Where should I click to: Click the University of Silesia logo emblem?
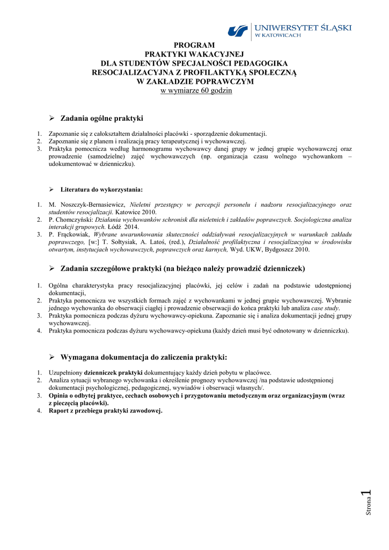(x=238, y=31)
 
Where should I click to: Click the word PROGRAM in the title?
(x=194, y=45)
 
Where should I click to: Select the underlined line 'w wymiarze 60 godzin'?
(x=196, y=90)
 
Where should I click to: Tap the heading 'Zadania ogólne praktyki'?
(x=101, y=118)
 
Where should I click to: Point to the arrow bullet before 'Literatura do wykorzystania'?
(x=52, y=190)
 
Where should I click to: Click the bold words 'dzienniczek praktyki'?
(x=113, y=372)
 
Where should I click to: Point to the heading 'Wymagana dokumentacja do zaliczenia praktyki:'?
(x=144, y=357)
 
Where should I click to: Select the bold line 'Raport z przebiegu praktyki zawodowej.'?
(x=105, y=411)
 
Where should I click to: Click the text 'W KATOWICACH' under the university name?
(x=277, y=35)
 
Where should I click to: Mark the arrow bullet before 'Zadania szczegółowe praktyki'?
(x=52, y=268)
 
